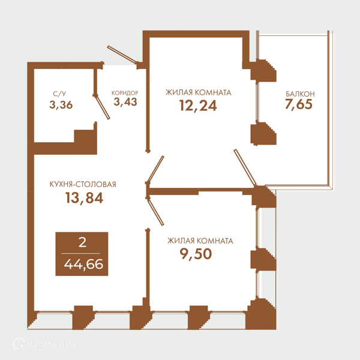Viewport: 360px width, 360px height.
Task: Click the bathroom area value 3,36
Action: coord(61,105)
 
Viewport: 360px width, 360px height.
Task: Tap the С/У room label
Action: coord(59,94)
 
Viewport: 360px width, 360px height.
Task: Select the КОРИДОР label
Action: coord(125,93)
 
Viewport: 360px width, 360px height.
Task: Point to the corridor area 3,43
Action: coord(125,102)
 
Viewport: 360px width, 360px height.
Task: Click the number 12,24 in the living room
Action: coord(198,106)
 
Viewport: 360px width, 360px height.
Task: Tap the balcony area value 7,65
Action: coord(299,104)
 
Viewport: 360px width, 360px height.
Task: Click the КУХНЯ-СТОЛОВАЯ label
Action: coord(83,184)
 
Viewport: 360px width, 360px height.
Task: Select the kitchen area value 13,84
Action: coord(84,197)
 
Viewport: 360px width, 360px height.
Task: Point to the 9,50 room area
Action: coord(196,254)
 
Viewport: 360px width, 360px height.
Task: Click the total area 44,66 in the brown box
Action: coord(83,264)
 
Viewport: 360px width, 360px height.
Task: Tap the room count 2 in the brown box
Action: coord(82,242)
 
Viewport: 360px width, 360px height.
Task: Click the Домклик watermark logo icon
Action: coord(19,343)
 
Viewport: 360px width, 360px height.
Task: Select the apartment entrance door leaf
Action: coord(122,54)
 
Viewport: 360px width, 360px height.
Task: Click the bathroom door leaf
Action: coord(103,107)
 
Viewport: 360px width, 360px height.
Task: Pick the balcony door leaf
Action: coord(245,167)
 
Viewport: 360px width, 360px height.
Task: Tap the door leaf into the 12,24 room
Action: coord(155,169)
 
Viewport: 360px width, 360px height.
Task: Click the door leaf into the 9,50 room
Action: coord(155,212)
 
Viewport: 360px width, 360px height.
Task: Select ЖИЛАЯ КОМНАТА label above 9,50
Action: coord(200,241)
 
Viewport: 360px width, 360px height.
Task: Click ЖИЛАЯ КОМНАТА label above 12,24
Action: coord(199,92)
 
